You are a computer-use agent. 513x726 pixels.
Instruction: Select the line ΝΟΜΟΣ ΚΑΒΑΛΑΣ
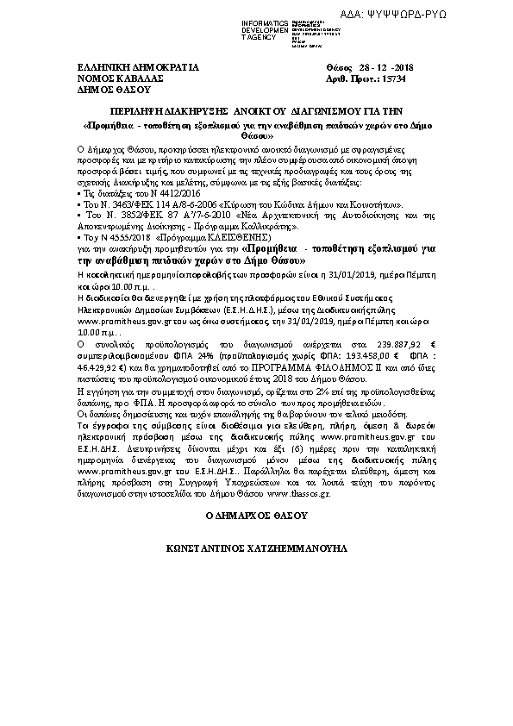(115, 77)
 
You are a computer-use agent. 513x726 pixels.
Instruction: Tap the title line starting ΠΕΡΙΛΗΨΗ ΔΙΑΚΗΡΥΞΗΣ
(256, 111)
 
